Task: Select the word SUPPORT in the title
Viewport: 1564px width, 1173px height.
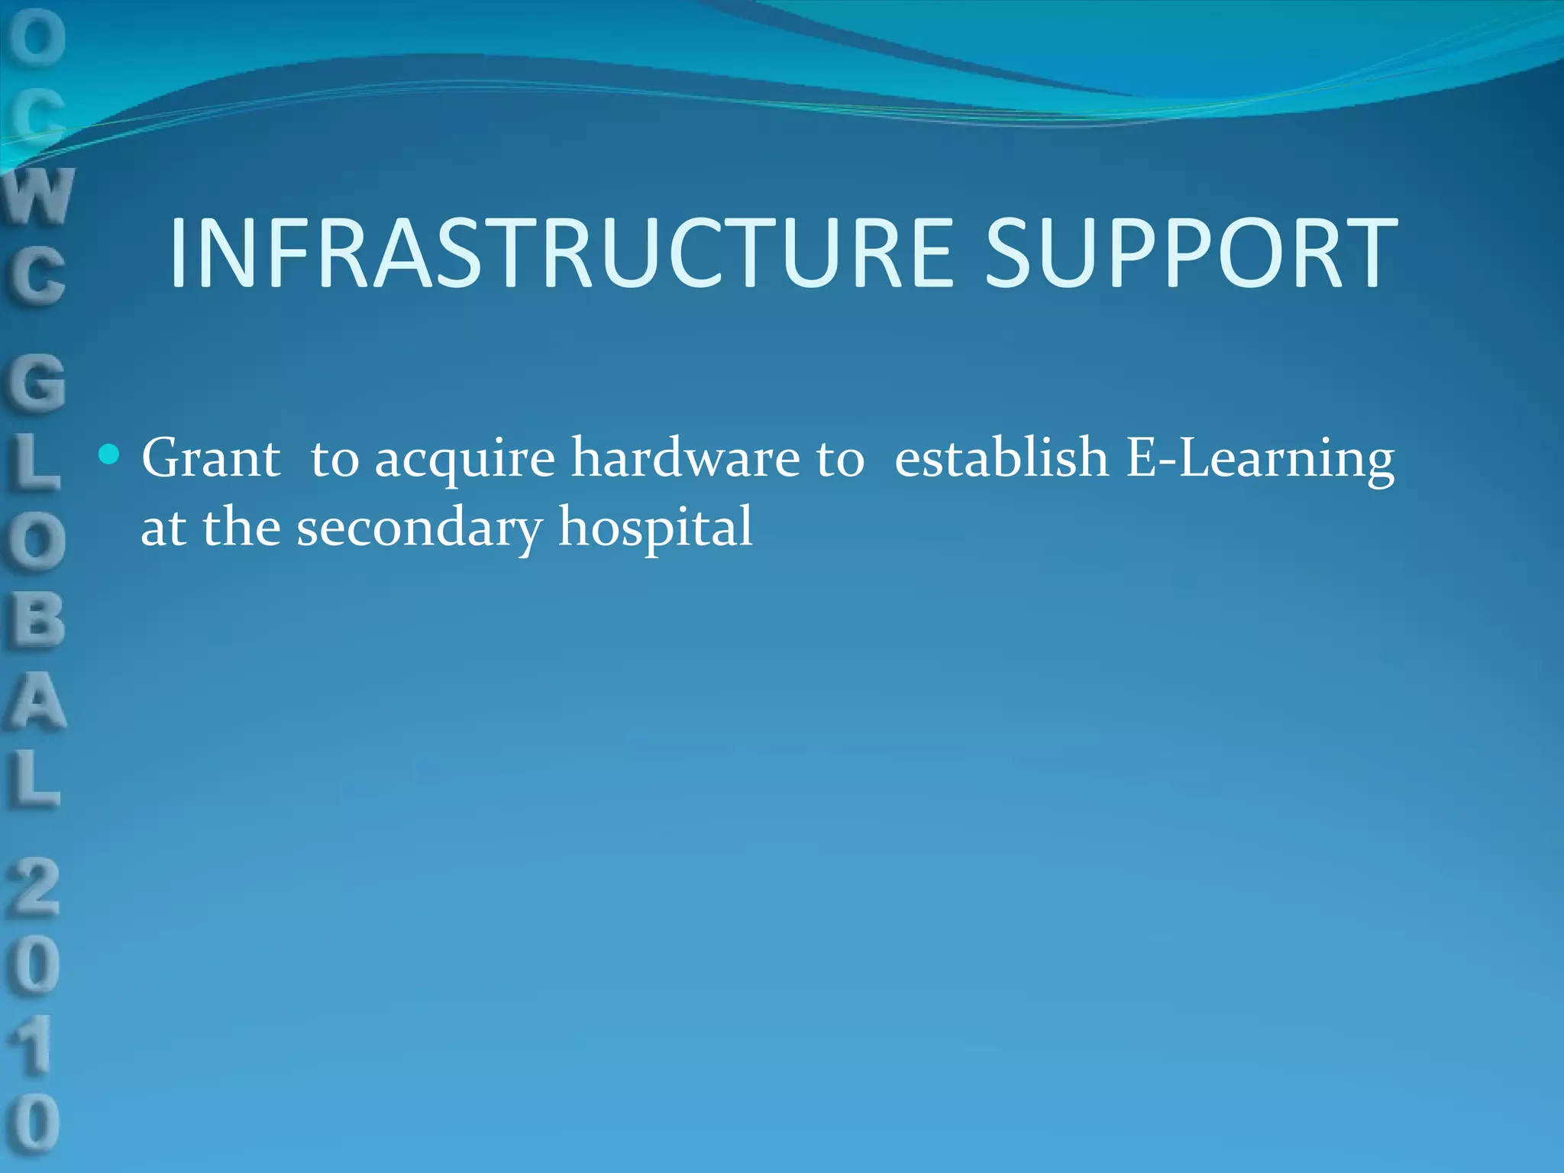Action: pyautogui.click(x=1191, y=254)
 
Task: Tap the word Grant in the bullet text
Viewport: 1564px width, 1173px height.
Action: pyautogui.click(x=211, y=458)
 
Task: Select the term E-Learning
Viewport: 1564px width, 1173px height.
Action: pyautogui.click(x=1260, y=460)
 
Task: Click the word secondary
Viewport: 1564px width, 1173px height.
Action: pyautogui.click(x=419, y=528)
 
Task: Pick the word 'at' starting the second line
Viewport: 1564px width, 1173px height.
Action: pyautogui.click(x=163, y=528)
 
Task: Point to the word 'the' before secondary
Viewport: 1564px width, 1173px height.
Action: pyautogui.click(x=241, y=527)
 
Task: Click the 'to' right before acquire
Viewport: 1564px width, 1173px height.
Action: pyautogui.click(x=334, y=460)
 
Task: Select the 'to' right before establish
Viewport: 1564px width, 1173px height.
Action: pyautogui.click(x=840, y=460)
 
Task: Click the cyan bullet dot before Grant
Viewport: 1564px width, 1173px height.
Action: pyautogui.click(x=110, y=455)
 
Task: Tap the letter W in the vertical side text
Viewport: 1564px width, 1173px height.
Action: pyautogui.click(x=38, y=196)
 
